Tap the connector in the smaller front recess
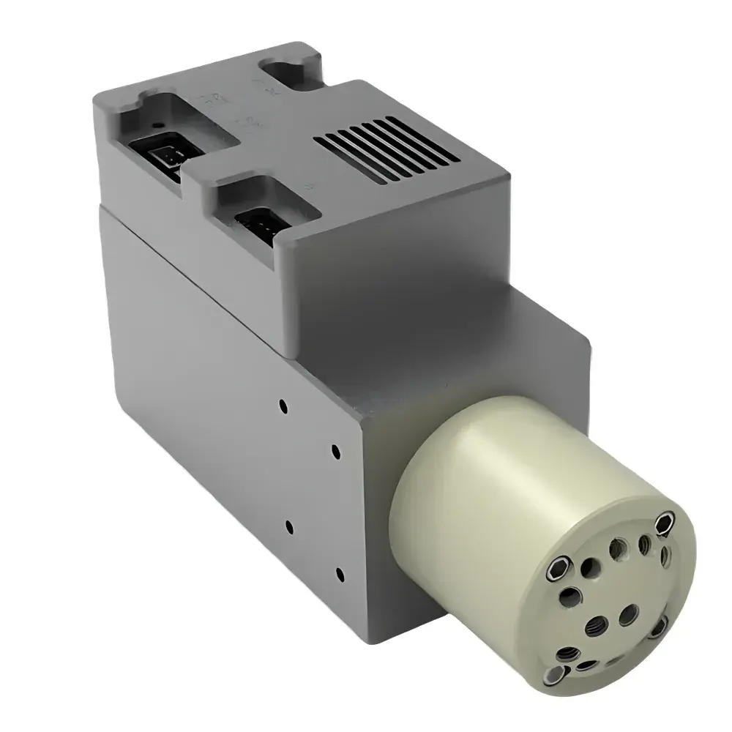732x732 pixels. (258, 220)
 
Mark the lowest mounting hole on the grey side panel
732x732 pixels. (338, 573)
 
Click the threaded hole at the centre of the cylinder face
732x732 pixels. (594, 624)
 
